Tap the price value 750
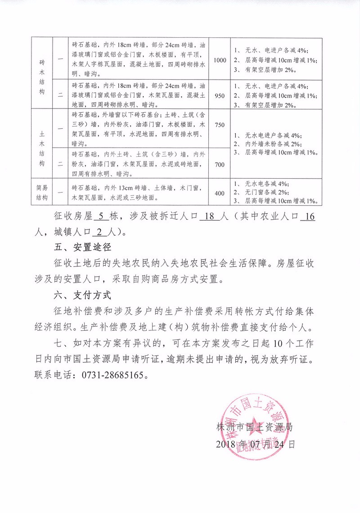(219, 125)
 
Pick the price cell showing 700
(219, 165)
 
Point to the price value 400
(219, 193)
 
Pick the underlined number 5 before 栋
(100, 217)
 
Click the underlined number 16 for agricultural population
(309, 217)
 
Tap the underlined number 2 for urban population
(99, 233)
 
